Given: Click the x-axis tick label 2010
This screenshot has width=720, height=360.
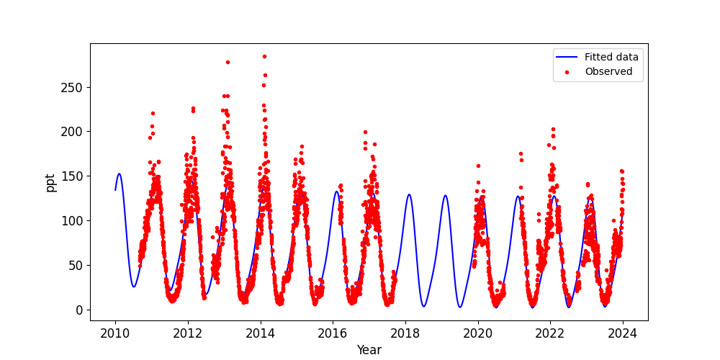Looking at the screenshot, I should click(x=115, y=333).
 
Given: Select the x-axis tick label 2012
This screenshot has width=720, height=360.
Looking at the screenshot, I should click(x=188, y=333).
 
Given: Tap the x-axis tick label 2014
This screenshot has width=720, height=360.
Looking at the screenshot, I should click(x=260, y=333).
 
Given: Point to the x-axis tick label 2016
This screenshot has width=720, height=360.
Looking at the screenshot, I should click(x=333, y=333).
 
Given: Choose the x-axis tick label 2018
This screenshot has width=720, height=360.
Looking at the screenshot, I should click(x=405, y=333).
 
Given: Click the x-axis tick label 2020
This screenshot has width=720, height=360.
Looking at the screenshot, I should click(x=477, y=333).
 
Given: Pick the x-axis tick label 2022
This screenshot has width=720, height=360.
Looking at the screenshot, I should click(x=550, y=333).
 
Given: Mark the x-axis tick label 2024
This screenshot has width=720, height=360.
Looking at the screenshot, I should click(x=623, y=333).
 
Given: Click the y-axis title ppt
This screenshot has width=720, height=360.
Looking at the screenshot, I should click(x=51, y=182).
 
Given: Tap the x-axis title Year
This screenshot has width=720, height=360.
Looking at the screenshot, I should click(x=369, y=351).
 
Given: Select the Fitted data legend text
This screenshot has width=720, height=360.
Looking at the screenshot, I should click(x=611, y=58).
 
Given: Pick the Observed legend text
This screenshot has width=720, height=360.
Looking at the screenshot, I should click(x=608, y=72).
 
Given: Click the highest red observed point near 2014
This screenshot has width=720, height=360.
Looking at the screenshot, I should click(x=264, y=56).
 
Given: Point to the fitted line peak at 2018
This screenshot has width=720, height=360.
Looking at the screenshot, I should click(x=409, y=194).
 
